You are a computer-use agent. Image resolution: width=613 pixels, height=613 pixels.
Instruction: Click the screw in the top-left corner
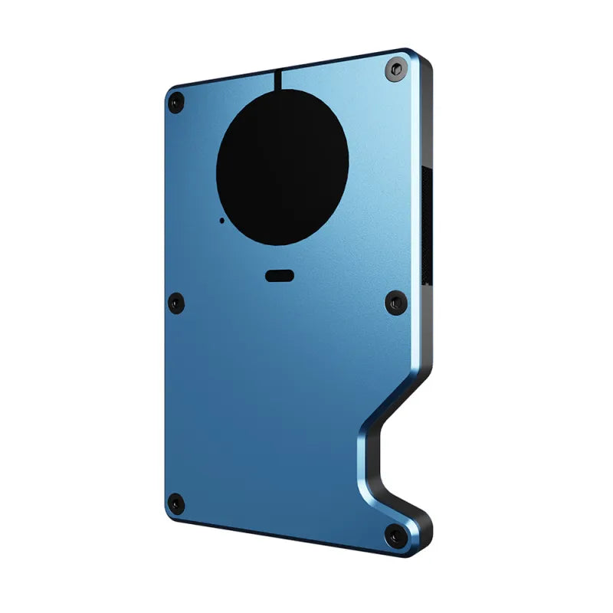(177, 100)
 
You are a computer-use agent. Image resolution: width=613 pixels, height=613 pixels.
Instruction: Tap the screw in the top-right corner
(394, 69)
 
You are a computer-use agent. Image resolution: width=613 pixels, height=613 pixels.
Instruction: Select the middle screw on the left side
(176, 302)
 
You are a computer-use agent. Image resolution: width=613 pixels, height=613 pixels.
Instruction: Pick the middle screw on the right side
(395, 303)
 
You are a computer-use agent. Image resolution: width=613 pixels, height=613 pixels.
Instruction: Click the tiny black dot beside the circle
(222, 220)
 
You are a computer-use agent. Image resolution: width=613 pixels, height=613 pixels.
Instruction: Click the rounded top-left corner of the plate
(169, 90)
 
